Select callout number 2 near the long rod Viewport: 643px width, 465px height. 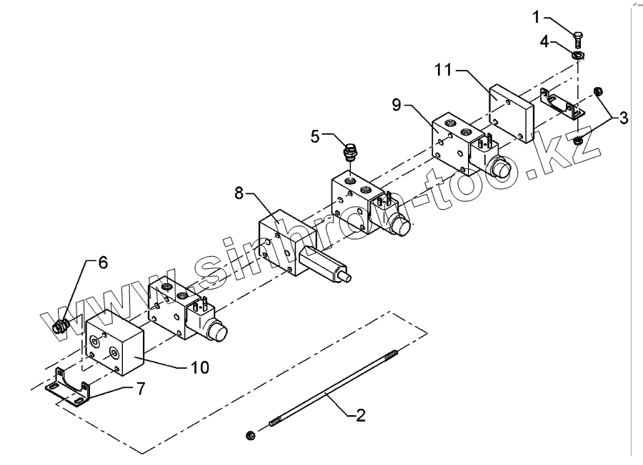(361, 415)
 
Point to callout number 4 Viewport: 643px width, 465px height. (544, 41)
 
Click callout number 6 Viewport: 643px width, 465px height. (103, 262)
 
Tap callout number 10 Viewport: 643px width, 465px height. (199, 367)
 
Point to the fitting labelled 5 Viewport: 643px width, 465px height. (351, 152)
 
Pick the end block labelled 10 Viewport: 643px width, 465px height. (115, 347)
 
